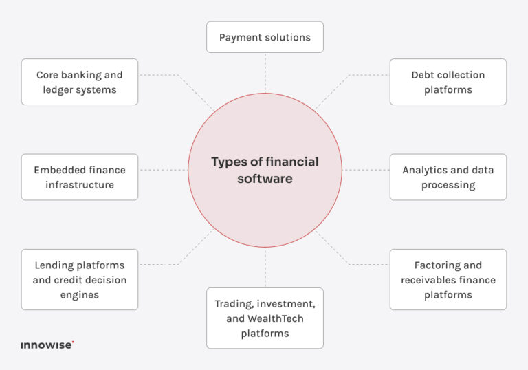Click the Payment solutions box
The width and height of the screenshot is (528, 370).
tap(265, 37)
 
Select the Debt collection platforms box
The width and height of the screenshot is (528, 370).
tap(448, 82)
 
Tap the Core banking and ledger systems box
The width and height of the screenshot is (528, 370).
tap(80, 82)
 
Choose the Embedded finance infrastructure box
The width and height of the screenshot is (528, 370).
tap(80, 177)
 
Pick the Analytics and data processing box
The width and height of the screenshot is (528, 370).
tap(448, 177)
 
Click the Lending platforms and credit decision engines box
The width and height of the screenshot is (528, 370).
tap(80, 280)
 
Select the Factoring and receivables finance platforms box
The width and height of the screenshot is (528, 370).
tap(448, 280)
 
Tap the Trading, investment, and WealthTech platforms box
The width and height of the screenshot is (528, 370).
tap(265, 318)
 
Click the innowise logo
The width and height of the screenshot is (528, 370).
tap(47, 345)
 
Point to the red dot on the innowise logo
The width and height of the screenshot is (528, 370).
tap(73, 342)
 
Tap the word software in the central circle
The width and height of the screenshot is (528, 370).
tap(265, 179)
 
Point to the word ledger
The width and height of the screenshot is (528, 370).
tap(56, 90)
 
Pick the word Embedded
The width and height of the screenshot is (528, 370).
tap(56, 170)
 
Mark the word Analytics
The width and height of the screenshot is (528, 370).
tap(422, 170)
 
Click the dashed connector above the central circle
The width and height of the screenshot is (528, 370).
tap(265, 73)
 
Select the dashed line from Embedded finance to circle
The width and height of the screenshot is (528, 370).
tap(164, 170)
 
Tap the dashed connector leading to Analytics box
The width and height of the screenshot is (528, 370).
tap(366, 170)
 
